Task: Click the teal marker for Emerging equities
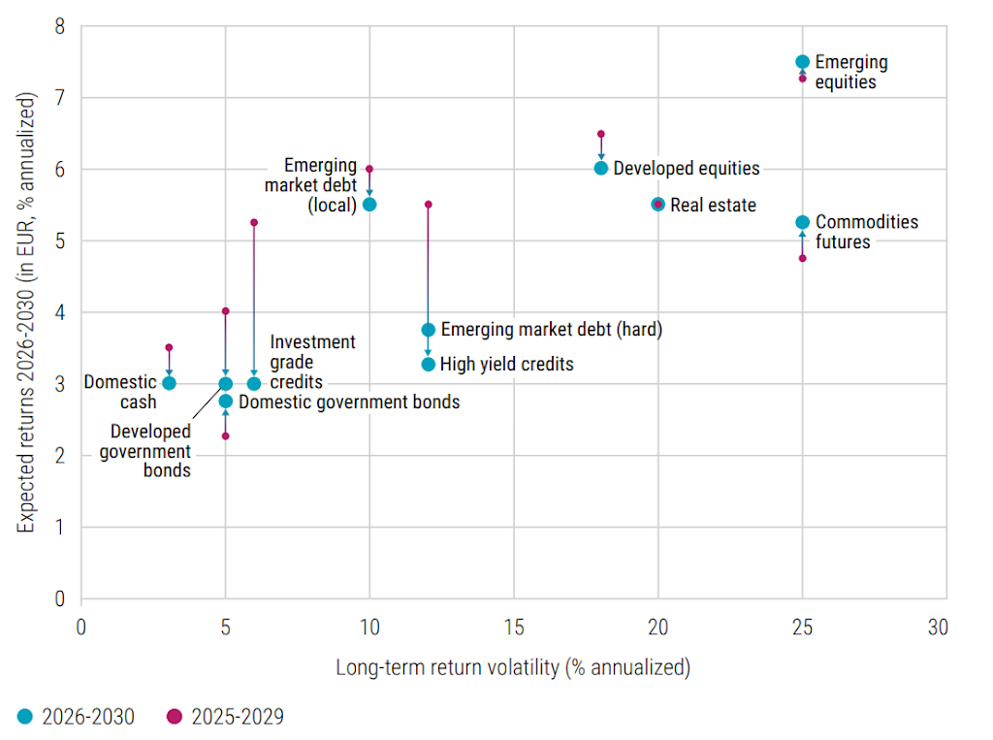point(802,62)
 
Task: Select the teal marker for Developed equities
point(601,168)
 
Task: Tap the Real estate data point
point(658,204)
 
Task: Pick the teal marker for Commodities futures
point(802,222)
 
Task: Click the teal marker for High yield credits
point(429,365)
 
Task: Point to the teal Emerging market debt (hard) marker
point(429,330)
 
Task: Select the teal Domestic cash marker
point(169,383)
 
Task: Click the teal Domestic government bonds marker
point(226,401)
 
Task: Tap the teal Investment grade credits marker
point(254,383)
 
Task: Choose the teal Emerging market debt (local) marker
point(369,205)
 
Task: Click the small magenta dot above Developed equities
point(601,134)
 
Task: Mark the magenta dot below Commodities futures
point(802,258)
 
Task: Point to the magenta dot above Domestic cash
point(169,347)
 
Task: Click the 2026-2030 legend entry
point(77,717)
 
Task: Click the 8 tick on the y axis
point(59,26)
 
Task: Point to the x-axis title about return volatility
point(513,667)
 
